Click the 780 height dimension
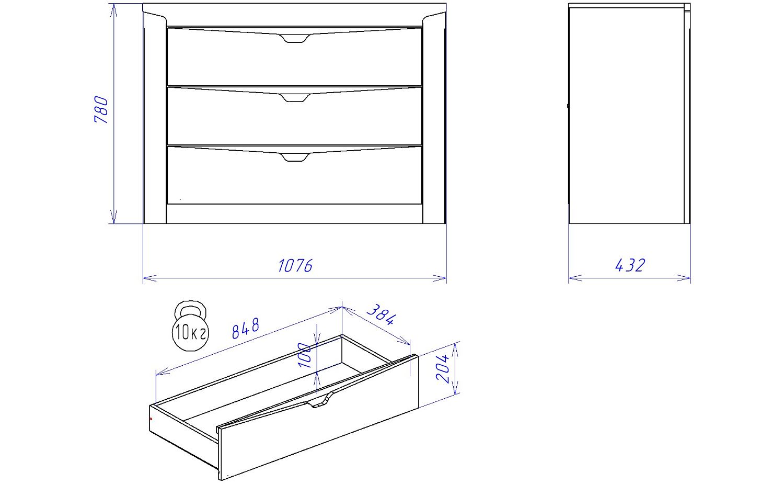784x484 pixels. (101, 109)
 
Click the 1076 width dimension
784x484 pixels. (295, 266)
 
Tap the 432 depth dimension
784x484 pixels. (630, 265)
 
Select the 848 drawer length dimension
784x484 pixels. (246, 329)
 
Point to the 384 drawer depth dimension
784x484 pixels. (382, 314)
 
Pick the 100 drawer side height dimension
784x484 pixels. (304, 355)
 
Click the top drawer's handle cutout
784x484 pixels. (295, 38)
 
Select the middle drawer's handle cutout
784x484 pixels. (295, 98)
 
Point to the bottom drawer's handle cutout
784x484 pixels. (295, 157)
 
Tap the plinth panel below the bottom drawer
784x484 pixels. (295, 214)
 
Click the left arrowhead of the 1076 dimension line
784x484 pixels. (149, 278)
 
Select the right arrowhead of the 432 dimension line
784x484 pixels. (684, 278)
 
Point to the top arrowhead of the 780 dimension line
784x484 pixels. (113, 10)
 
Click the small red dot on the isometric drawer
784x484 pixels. (151, 419)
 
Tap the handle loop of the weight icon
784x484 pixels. (190, 308)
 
